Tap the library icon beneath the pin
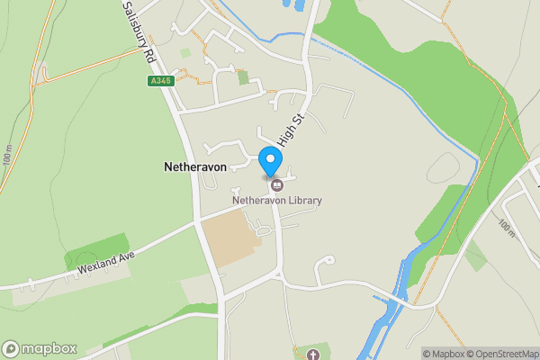click(276, 184)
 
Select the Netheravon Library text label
click(276, 200)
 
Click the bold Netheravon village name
click(194, 167)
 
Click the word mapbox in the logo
click(50, 348)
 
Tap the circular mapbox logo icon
click(12, 348)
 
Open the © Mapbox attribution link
click(445, 354)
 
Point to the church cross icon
click(313, 355)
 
